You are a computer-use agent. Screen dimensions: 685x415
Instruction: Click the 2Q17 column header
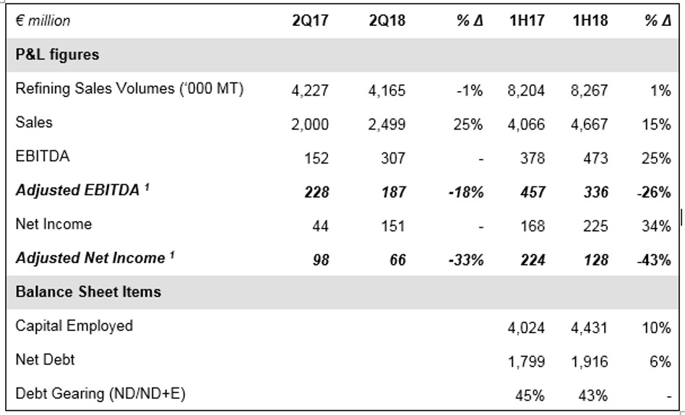pos(310,20)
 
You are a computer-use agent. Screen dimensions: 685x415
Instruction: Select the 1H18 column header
pos(590,20)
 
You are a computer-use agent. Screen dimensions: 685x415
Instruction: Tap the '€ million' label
pos(43,20)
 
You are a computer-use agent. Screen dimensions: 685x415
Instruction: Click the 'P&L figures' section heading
pos(57,55)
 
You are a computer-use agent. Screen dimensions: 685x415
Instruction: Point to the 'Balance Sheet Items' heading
pos(88,291)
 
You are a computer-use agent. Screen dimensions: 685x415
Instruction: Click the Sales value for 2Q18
pos(387,124)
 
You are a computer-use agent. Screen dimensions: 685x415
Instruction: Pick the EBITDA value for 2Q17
pos(316,158)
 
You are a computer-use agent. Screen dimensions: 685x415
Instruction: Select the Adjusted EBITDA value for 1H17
pos(533,192)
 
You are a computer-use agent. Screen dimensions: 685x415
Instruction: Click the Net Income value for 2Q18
pos(393,226)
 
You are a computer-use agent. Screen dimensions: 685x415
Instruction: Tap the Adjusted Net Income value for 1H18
pos(596,260)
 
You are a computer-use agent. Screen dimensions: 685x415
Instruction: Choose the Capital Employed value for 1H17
pos(526,328)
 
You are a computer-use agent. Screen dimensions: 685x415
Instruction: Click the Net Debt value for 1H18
pos(590,361)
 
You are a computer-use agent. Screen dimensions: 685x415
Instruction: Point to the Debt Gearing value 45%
pos(530,395)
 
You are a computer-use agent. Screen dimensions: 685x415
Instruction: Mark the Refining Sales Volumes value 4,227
pos(310,90)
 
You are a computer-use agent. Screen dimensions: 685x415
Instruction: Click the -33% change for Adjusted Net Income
pos(466,260)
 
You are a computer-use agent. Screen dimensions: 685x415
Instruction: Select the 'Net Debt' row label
pos(45,359)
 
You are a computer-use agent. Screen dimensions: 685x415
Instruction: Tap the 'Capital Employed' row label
pos(74,326)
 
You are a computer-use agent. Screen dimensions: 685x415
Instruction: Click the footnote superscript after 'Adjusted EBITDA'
pos(147,187)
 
